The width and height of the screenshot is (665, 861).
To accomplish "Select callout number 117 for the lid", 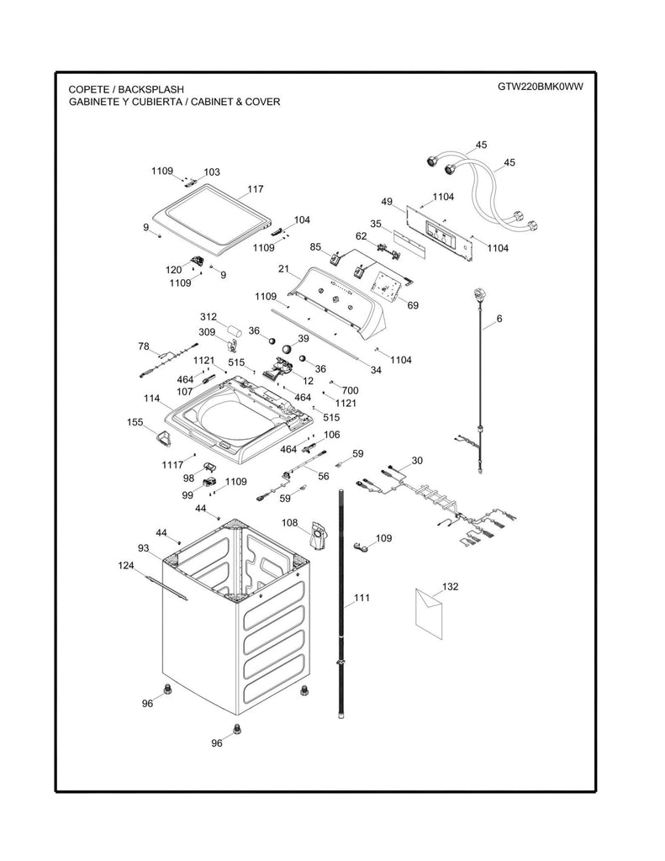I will [x=256, y=189].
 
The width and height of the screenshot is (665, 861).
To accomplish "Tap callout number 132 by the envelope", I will [x=451, y=587].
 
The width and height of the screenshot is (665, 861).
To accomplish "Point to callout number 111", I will [x=362, y=598].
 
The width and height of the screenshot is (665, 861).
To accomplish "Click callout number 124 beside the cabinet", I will [x=126, y=566].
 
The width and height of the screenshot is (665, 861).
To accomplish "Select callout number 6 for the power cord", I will [x=499, y=319].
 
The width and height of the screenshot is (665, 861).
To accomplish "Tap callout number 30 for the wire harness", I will [x=417, y=462].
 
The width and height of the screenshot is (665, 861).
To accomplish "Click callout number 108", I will [x=289, y=523].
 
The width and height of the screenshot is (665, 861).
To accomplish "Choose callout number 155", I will [x=135, y=422].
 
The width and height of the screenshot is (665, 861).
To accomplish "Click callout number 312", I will [x=208, y=317].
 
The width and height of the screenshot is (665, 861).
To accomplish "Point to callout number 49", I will [x=387, y=202].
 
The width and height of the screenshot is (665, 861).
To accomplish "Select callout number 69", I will [x=413, y=305].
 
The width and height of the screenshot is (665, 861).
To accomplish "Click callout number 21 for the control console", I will [x=284, y=269].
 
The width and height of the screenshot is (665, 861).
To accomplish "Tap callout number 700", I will [x=350, y=391].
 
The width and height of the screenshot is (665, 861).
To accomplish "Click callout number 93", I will [x=144, y=548].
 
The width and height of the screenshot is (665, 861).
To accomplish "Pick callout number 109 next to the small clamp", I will [x=383, y=538].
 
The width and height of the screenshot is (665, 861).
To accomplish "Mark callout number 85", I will [x=315, y=247].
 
